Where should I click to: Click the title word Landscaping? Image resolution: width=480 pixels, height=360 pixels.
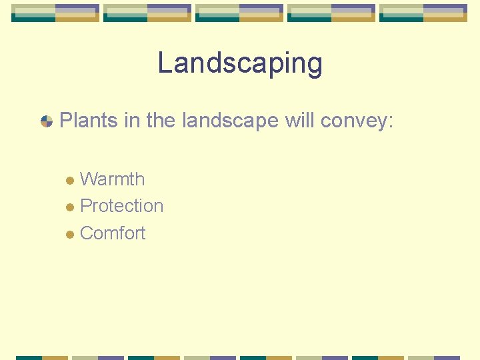coord(240,64)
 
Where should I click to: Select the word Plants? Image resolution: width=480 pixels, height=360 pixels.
coord(83,121)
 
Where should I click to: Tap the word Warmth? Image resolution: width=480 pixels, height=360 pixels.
coord(112,179)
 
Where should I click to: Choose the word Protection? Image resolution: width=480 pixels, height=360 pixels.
coord(121,206)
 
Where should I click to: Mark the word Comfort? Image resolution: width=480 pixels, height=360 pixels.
coord(113,233)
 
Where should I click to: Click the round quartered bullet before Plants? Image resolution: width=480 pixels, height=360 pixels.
coord(47,121)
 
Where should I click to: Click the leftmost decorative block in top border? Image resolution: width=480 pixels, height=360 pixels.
coord(55,13)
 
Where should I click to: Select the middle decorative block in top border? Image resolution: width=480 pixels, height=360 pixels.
coord(239,13)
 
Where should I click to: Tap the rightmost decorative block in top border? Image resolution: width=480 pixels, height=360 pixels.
coord(423,13)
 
